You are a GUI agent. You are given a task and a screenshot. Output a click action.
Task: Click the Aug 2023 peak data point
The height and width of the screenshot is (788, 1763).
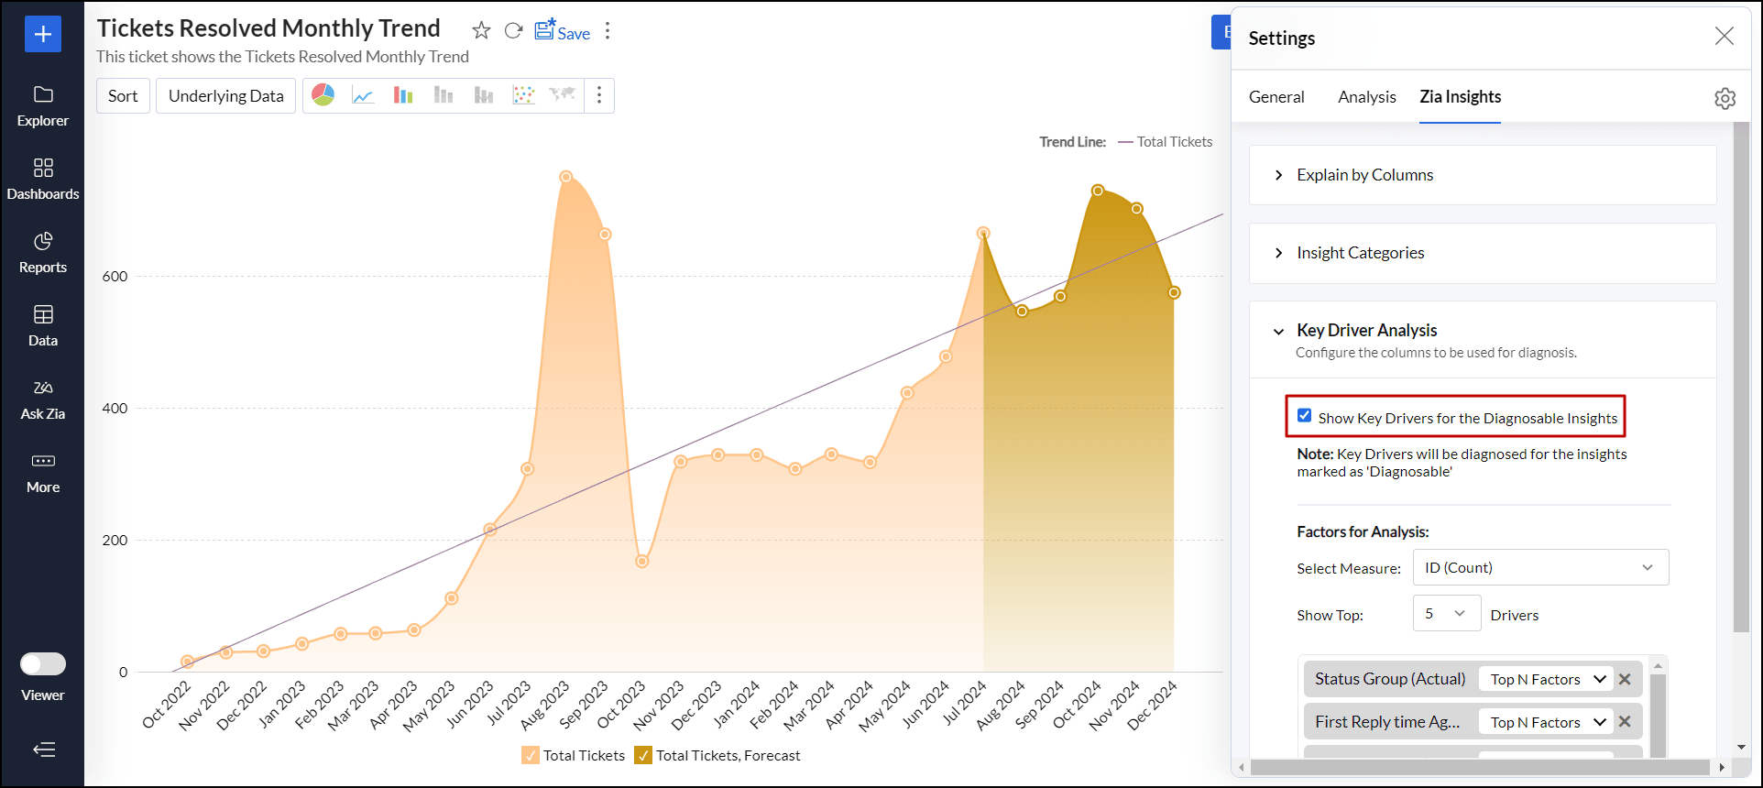pos(565,177)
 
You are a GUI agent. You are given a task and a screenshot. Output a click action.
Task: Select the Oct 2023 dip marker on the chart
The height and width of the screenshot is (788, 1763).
pos(642,562)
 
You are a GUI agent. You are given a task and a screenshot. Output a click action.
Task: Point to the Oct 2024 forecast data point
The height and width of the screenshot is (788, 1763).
pos(1098,191)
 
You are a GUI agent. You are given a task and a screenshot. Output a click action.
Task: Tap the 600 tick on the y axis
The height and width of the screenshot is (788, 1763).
pos(115,277)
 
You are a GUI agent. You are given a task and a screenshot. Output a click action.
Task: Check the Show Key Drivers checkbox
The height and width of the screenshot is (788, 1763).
pos(1305,416)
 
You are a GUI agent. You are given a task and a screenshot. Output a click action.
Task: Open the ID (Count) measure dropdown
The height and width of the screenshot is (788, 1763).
pos(1540,567)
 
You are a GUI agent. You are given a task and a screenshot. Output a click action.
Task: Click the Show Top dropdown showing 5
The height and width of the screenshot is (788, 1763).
pos(1446,613)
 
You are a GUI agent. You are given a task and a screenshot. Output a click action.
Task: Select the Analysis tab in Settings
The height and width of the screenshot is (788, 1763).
pos(1366,97)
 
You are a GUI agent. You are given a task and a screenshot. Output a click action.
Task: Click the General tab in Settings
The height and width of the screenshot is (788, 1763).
pos(1276,97)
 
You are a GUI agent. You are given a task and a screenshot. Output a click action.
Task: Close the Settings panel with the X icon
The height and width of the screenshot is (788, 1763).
pos(1724,36)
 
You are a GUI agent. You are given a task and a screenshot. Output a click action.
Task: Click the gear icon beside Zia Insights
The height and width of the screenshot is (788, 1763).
pos(1725,98)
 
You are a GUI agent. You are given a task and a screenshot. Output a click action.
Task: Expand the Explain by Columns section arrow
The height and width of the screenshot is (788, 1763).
pos(1279,175)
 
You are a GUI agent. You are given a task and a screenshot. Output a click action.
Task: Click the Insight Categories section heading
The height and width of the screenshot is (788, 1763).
pos(1360,253)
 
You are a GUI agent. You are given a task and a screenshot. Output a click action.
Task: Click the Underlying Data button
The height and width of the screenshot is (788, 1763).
pos(226,96)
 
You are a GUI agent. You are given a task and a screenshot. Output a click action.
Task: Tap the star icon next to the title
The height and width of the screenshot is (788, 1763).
pos(481,31)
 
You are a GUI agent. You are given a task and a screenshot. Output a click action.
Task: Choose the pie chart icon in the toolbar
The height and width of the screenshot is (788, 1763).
pos(323,95)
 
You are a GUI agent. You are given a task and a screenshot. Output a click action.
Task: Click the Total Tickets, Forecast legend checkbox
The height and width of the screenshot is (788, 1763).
pos(643,755)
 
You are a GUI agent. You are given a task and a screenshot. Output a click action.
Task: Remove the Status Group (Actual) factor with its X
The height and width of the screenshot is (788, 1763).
pos(1625,679)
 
